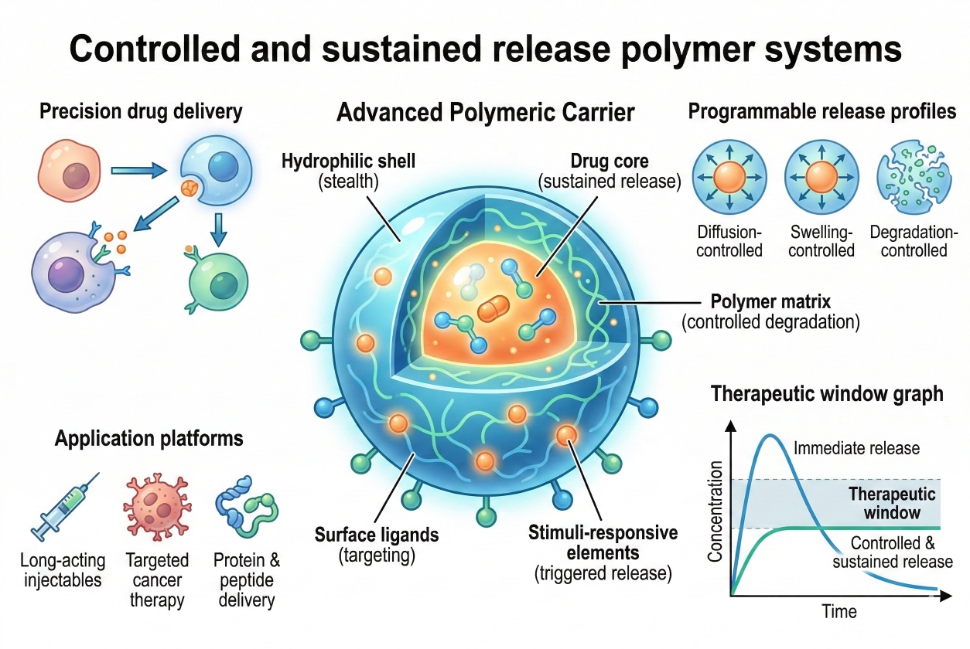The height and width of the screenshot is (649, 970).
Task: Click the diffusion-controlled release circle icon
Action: pyautogui.click(x=729, y=180)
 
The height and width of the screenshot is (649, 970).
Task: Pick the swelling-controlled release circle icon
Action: pyautogui.click(x=821, y=180)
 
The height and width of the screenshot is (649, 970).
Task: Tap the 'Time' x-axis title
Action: pyautogui.click(x=839, y=612)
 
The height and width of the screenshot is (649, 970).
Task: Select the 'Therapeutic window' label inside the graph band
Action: pyautogui.click(x=892, y=503)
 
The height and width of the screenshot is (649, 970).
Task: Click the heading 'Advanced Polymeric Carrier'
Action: pyautogui.click(x=485, y=113)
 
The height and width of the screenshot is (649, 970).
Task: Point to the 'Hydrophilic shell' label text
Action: pyautogui.click(x=348, y=161)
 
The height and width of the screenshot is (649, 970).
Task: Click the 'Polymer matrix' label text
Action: pyautogui.click(x=770, y=301)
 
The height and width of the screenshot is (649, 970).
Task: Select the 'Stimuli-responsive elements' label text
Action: pyautogui.click(x=603, y=542)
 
